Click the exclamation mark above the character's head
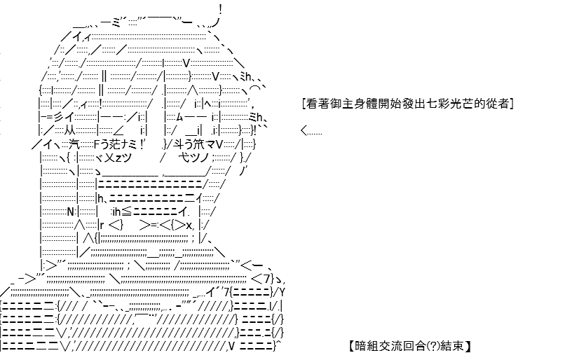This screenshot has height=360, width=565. pos(220,10)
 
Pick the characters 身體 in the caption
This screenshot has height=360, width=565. pos(366,104)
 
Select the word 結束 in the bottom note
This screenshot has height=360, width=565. pos(451,346)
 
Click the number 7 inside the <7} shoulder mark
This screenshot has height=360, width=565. pos(266,279)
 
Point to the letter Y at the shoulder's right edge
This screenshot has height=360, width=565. pos(282,291)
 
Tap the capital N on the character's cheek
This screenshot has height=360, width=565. pos(71,212)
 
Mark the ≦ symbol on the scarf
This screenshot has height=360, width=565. pos(127,212)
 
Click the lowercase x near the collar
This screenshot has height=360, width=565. pos(189,226)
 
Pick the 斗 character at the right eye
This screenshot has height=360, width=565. pos(179,145)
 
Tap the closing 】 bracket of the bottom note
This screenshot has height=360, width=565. pos(468,346)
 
